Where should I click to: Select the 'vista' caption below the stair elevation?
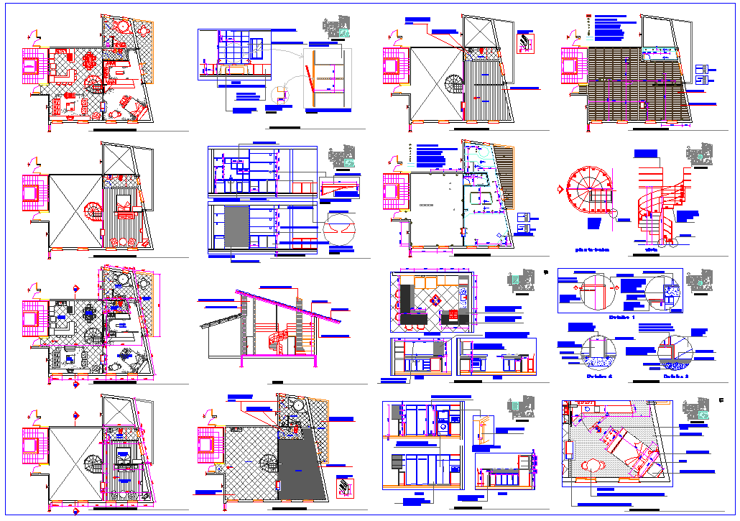tap(652, 252)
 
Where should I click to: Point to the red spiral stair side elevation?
tap(655, 213)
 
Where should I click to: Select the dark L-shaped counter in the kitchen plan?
tap(407, 305)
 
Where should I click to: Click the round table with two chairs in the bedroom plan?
tap(593, 465)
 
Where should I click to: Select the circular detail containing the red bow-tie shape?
tap(340, 229)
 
